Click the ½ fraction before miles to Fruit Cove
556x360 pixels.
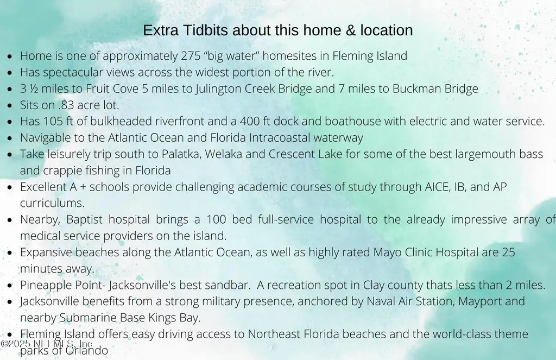pyautogui.click(x=34, y=89)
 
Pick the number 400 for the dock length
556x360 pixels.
pyautogui.click(x=250, y=121)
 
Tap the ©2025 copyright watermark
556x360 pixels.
pyautogui.click(x=47, y=343)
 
